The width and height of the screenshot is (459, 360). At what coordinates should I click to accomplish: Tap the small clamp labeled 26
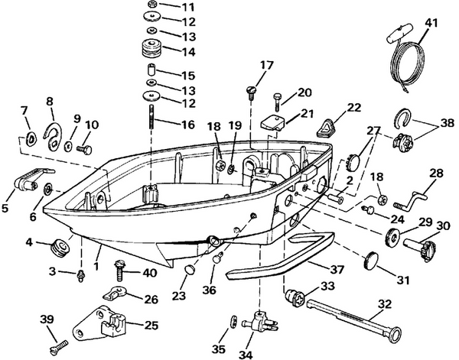point(114,294)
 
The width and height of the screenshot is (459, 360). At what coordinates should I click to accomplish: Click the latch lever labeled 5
point(28,183)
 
